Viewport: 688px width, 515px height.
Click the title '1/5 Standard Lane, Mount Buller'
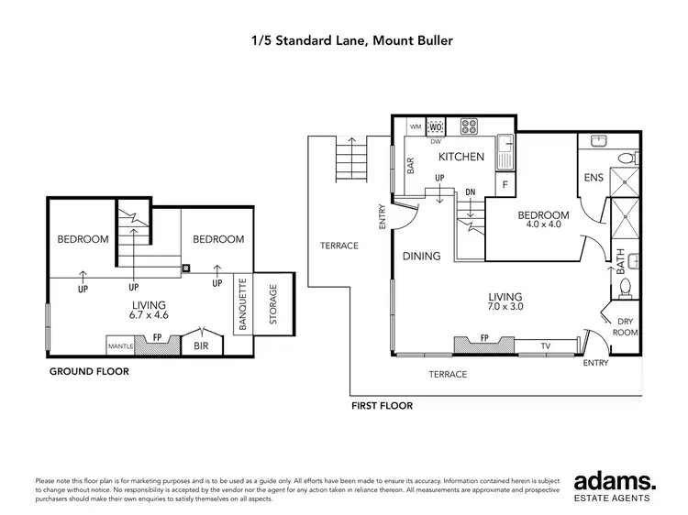coord(344,40)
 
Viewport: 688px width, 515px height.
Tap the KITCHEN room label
coord(461,157)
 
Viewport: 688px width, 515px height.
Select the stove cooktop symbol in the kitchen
coord(471,127)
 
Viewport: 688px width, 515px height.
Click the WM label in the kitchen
coord(415,126)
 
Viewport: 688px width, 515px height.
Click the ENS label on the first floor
coord(593,178)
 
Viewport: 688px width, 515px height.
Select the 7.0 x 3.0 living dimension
coord(505,309)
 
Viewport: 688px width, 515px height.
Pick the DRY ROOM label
coord(626,326)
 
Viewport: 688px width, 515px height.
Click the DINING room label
coord(422,257)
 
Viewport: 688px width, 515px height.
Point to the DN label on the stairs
coord(471,192)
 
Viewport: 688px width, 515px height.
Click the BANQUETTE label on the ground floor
coord(242,303)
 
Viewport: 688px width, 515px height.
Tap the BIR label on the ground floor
coord(201,346)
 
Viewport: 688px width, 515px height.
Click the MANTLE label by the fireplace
coord(121,346)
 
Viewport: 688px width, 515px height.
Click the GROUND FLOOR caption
coord(88,372)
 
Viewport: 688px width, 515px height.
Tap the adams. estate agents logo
coord(615,485)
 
